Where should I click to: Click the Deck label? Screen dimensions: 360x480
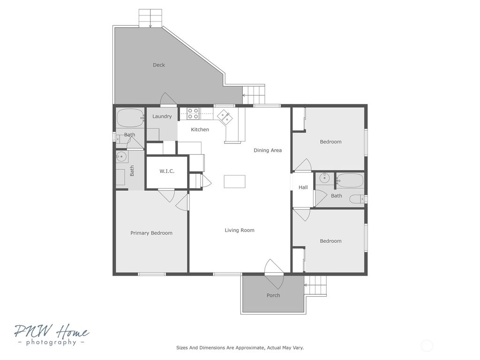(159, 65)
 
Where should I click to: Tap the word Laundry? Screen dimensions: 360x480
(162, 117)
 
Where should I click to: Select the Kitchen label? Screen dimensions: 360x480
(200, 130)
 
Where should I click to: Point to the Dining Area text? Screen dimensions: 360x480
(268, 150)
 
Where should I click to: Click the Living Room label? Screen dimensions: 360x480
(239, 230)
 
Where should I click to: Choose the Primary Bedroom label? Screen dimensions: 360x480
(151, 233)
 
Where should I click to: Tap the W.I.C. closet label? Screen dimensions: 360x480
(167, 172)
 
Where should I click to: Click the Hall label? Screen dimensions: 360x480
(303, 187)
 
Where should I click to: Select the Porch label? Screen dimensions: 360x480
(273, 295)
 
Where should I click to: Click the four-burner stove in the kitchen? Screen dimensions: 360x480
(193, 113)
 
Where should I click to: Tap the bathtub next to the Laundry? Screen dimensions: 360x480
(130, 118)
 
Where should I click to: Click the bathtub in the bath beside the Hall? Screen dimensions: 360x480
(350, 180)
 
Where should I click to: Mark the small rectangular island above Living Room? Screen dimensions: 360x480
(235, 181)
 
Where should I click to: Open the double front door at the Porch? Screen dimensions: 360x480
(274, 274)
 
